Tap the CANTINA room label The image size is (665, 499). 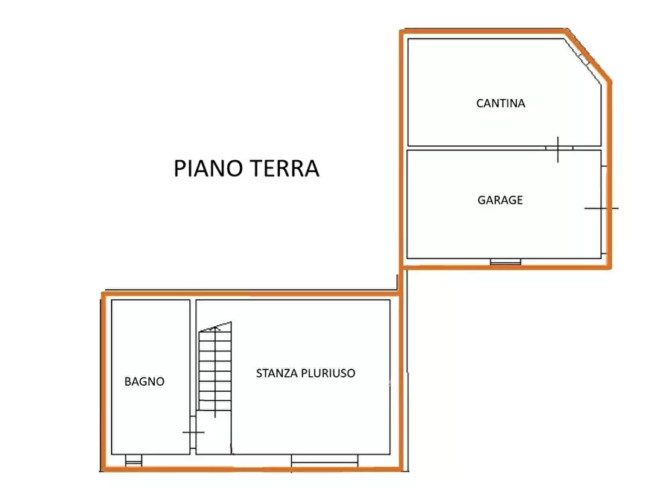[x=500, y=104]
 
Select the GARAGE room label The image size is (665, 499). [x=500, y=200]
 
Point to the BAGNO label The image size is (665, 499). [x=144, y=381]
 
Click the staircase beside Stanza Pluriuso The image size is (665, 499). [x=214, y=369]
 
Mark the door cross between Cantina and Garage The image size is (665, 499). [x=559, y=148]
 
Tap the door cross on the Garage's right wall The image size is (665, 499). [x=602, y=208]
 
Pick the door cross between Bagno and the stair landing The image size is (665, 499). [x=193, y=432]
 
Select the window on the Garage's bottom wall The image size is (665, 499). [x=505, y=261]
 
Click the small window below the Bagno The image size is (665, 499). [x=133, y=460]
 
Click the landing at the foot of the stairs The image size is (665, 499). [x=214, y=432]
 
